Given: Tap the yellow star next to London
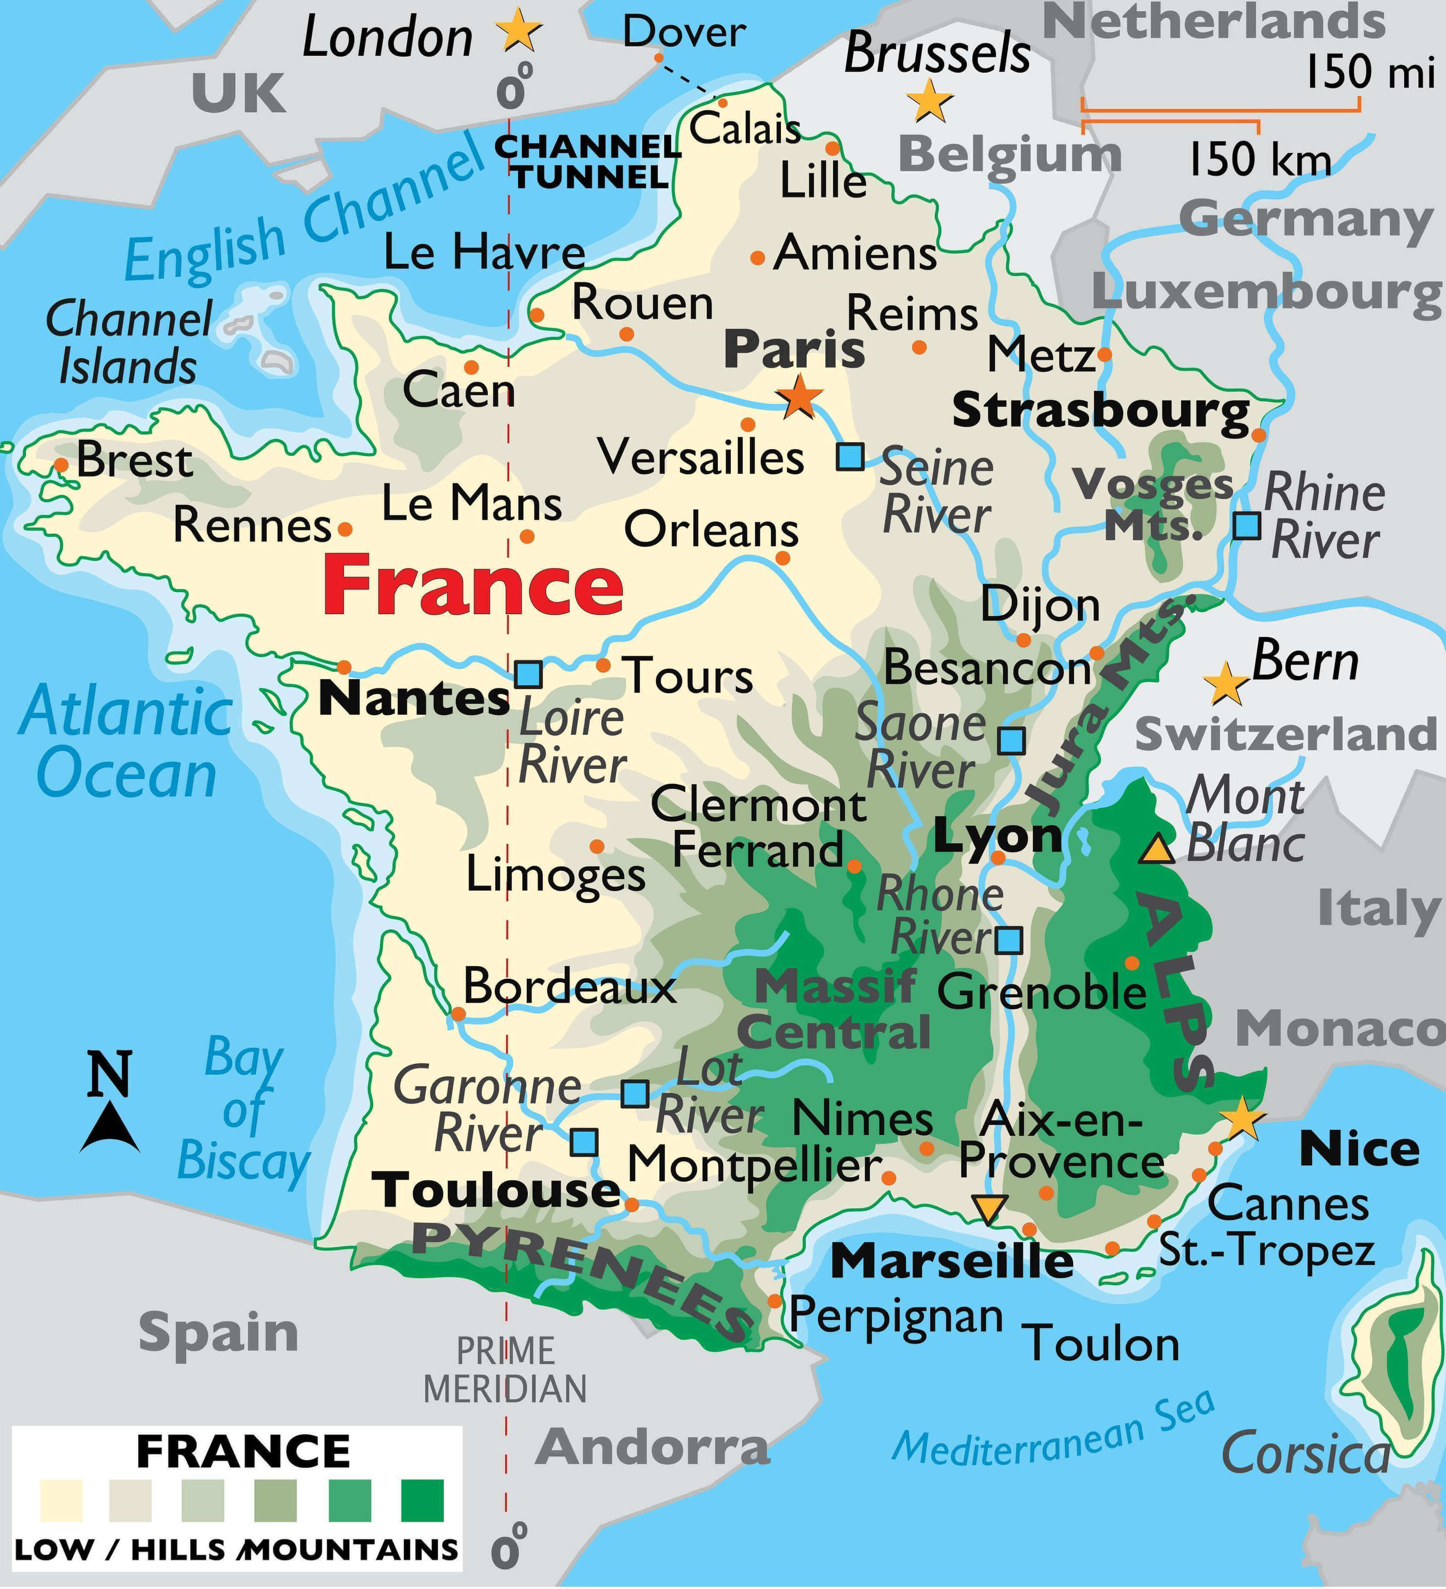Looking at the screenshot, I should [x=518, y=31].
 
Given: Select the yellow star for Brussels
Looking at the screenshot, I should [x=930, y=101].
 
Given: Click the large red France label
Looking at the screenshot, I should [x=473, y=585].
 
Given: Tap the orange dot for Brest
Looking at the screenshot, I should [x=61, y=465].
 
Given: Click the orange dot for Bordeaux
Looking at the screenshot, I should [x=458, y=1014].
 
